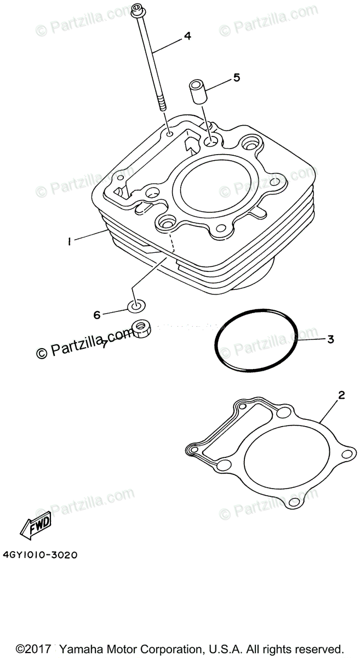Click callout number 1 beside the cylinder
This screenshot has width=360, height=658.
click(70, 241)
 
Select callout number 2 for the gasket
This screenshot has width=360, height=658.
click(341, 395)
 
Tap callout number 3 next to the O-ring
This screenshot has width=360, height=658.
click(330, 339)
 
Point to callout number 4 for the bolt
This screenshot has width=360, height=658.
click(187, 36)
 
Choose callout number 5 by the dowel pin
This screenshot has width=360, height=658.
click(237, 77)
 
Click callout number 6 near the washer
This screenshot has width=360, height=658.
click(97, 315)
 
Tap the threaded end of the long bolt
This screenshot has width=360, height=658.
click(163, 104)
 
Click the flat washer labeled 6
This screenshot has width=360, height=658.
click(137, 305)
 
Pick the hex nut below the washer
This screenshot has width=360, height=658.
click(142, 331)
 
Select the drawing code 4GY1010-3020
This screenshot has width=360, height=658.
click(39, 555)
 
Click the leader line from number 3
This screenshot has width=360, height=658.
click(312, 339)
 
